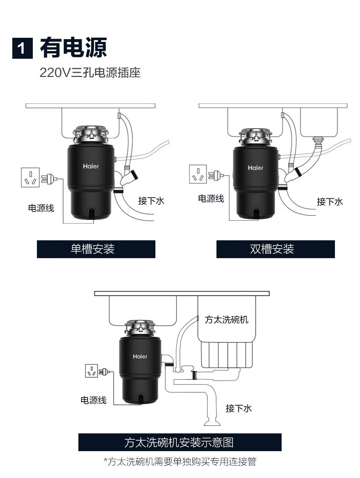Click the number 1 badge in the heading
click(22, 48)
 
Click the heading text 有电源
click(73, 47)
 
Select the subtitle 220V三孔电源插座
click(90, 72)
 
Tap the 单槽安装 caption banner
click(96, 249)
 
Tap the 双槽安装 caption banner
click(276, 249)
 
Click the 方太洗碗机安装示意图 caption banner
click(180, 442)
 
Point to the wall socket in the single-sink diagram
click(30, 177)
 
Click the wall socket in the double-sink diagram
click(198, 174)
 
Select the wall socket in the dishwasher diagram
click(91, 371)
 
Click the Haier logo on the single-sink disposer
click(91, 166)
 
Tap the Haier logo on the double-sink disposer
click(256, 168)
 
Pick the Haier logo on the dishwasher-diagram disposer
click(140, 356)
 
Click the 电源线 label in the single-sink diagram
click(41, 208)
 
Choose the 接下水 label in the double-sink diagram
click(330, 202)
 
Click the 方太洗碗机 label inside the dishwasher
click(226, 320)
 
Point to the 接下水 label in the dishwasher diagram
click(239, 408)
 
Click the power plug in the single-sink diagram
click(49, 178)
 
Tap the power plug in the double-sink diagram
click(216, 175)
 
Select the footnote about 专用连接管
click(180, 462)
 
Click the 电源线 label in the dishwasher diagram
click(93, 400)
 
